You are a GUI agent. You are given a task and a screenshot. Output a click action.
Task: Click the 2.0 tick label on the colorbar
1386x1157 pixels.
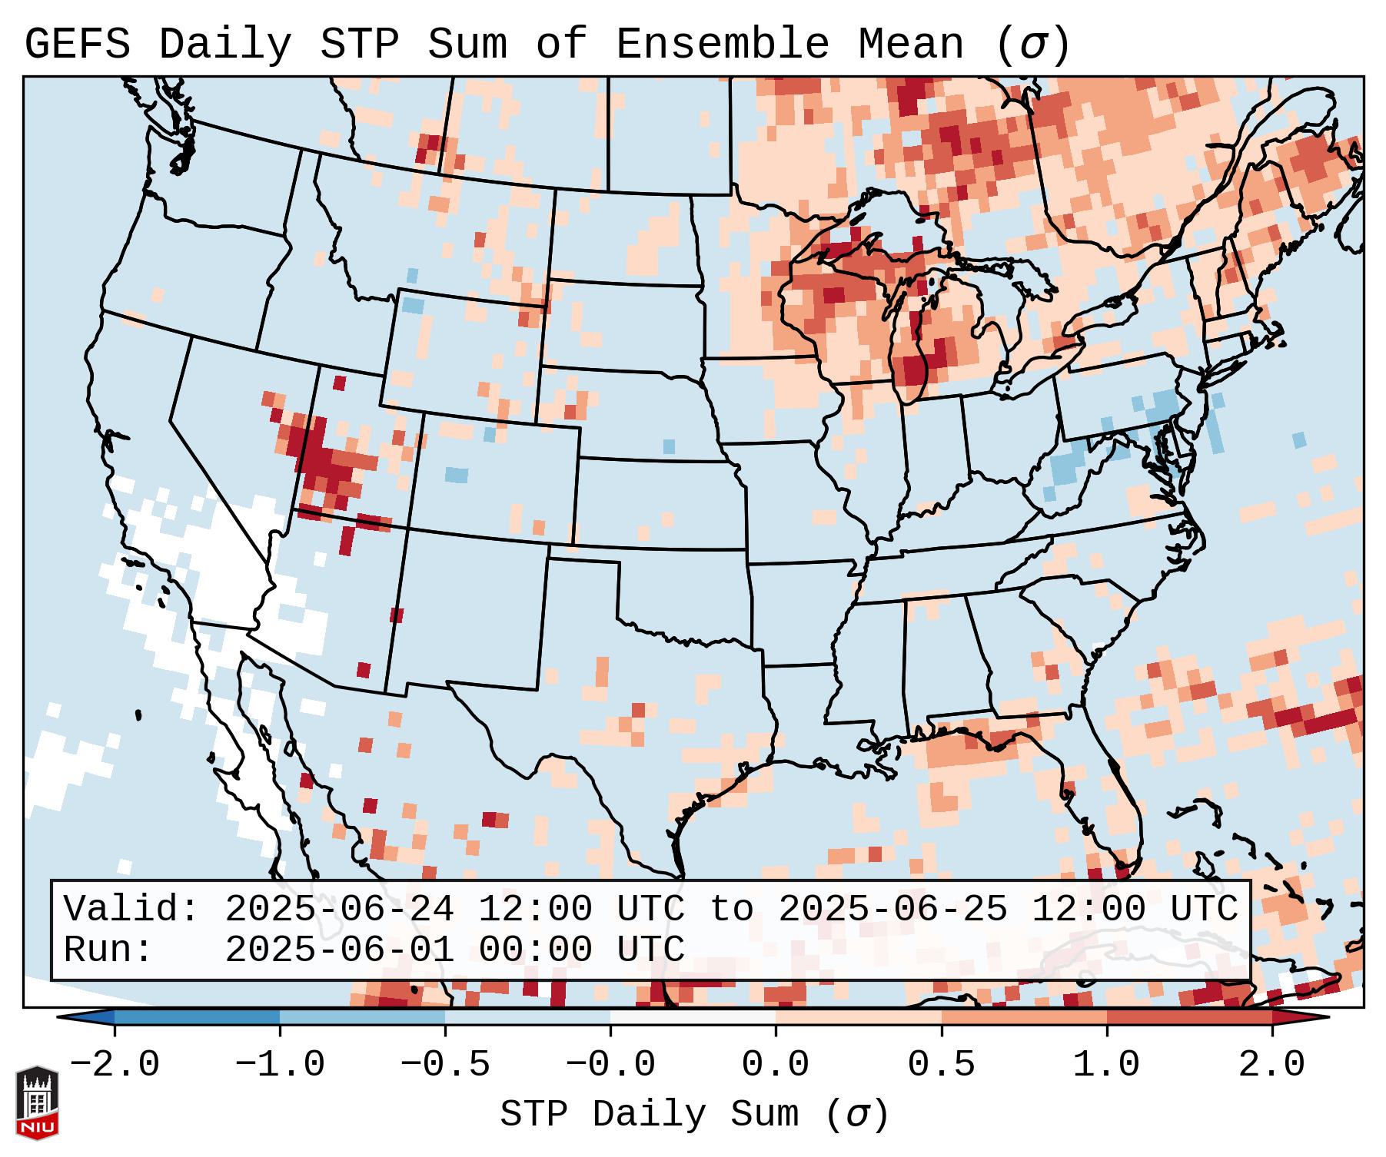click(x=1271, y=1065)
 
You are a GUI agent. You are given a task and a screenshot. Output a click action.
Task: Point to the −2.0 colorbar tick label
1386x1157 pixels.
click(x=114, y=1065)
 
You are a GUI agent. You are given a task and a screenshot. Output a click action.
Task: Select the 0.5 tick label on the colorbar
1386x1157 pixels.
click(x=941, y=1065)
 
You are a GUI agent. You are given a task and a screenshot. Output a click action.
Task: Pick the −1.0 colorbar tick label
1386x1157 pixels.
click(x=279, y=1065)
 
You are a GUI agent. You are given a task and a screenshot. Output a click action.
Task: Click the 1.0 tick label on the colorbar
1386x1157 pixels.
click(x=1106, y=1065)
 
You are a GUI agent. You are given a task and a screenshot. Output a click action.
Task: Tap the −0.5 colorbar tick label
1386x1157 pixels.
click(x=445, y=1065)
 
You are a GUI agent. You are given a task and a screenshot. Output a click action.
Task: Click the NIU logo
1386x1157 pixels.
click(x=37, y=1102)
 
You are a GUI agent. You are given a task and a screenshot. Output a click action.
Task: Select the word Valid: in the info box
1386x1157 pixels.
click(x=131, y=909)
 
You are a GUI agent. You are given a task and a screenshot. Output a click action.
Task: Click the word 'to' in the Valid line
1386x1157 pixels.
click(x=731, y=909)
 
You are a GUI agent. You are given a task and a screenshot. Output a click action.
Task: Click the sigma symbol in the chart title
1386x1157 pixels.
click(x=1032, y=45)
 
